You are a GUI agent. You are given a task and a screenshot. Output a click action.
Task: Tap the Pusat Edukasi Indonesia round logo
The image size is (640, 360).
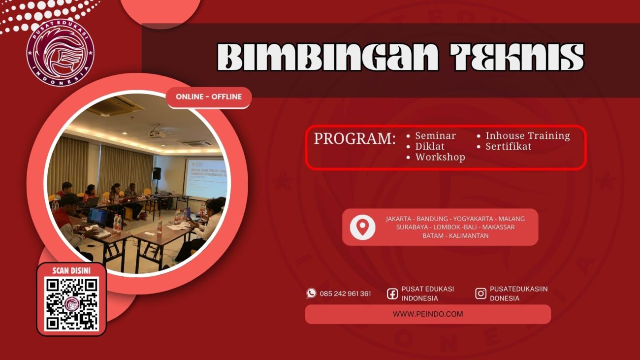tap(60, 53)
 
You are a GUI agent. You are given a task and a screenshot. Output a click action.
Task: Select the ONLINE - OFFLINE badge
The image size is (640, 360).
tap(209, 97)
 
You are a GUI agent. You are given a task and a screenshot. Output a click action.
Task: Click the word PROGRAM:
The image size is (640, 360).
tap(354, 139)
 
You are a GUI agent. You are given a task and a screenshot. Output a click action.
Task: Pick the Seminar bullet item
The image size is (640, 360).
tap(435, 135)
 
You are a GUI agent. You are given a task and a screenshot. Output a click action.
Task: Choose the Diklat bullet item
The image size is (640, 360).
tap(429, 146)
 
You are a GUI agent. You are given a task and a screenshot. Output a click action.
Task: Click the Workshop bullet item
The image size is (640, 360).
tap(440, 157)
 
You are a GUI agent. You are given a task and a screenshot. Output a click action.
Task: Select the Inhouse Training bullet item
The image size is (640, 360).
tap(527, 135)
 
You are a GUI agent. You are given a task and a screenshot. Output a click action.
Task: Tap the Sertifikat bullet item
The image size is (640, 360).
tap(508, 146)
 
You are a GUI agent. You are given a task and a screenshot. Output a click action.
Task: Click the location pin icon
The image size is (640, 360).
tap(362, 227)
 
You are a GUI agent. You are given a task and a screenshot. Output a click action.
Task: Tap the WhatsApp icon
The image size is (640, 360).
tap(311, 294)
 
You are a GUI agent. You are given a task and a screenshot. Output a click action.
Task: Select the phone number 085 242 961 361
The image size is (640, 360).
tap(345, 294)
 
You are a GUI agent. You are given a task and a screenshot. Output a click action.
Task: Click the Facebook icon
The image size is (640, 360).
tap(392, 294)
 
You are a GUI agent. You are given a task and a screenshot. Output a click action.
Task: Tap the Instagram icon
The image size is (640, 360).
tap(480, 294)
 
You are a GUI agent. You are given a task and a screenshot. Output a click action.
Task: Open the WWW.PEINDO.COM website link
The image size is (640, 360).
tap(427, 314)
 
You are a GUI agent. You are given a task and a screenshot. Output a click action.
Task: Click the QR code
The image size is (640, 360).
tap(71, 304)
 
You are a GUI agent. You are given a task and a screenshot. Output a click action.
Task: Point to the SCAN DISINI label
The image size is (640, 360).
tap(71, 270)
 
